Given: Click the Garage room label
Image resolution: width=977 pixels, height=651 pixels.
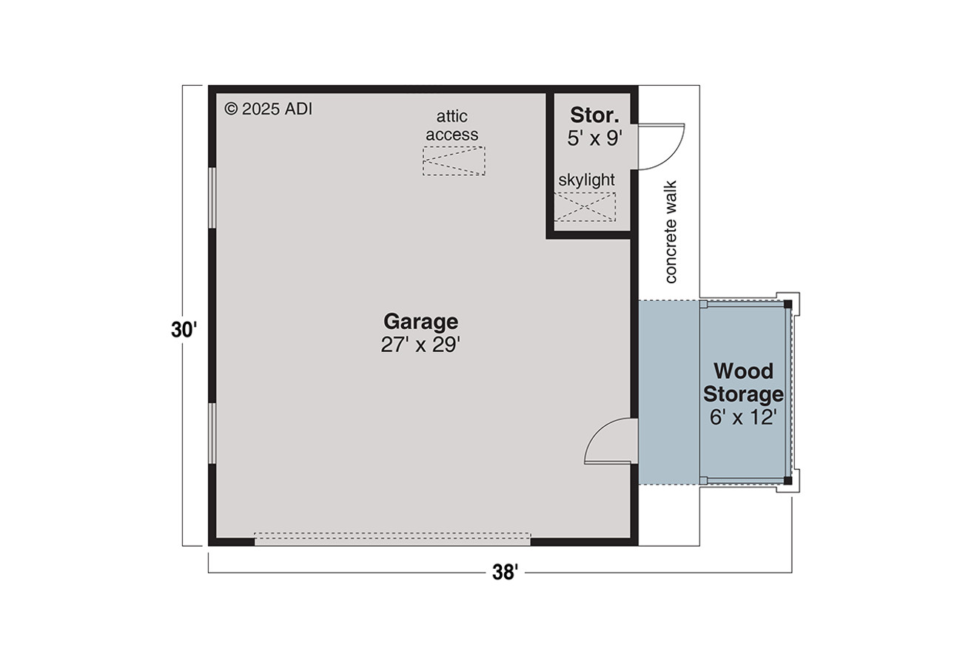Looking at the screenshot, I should coord(420,322).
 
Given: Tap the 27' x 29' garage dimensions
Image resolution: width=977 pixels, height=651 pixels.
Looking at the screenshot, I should coord(420,345).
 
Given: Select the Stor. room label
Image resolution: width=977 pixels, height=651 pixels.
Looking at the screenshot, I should coord(594,115).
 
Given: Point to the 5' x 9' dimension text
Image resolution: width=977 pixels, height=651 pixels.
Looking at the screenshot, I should coord(594,138).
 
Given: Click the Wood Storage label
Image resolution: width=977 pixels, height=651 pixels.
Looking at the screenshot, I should coord(742,382).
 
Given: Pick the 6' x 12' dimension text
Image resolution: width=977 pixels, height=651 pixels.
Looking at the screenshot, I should coord(742,417).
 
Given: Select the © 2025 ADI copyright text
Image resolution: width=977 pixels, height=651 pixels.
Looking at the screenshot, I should coord(269,109).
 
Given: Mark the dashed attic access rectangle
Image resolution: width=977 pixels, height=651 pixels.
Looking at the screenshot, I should coord(454,161).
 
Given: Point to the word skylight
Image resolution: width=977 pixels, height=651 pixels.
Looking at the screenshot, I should coord(587,180).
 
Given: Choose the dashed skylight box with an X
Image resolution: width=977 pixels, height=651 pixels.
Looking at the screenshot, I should coord(585,206).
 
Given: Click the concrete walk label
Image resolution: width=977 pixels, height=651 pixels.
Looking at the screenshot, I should coord(671,232).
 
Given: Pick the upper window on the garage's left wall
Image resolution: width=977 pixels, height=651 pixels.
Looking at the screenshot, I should coord(212,198).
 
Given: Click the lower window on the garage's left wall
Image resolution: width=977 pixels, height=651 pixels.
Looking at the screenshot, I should coord(212,433).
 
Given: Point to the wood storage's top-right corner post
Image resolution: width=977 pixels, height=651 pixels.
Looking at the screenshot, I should coord(788,303).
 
